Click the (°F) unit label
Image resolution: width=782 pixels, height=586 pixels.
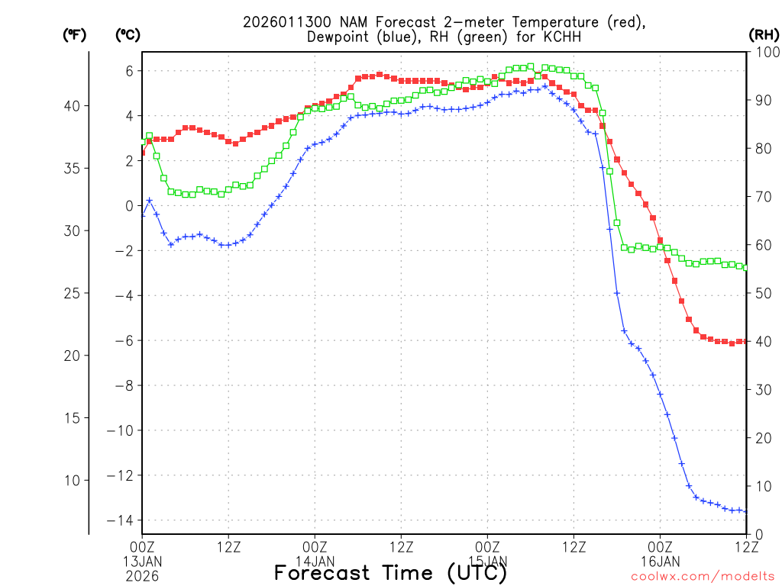click(74, 35)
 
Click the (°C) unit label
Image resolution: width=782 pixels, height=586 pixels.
click(128, 35)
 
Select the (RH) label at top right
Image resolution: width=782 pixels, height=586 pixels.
click(764, 35)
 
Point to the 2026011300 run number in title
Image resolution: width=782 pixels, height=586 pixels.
click(281, 22)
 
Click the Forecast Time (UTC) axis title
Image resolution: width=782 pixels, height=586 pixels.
click(390, 572)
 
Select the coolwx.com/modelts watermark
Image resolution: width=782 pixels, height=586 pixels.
click(703, 576)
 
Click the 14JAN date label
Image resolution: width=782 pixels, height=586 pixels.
click(315, 561)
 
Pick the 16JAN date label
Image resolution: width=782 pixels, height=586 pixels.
click(660, 561)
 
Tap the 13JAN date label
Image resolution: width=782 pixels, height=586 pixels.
click(143, 561)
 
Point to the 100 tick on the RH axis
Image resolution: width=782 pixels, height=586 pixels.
click(765, 53)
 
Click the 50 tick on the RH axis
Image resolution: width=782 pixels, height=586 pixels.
click(762, 293)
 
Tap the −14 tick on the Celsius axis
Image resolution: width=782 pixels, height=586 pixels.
click(124, 520)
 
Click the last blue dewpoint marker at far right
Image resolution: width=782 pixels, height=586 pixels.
click(746, 511)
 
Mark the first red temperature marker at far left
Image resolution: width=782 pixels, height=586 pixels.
click(143, 152)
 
